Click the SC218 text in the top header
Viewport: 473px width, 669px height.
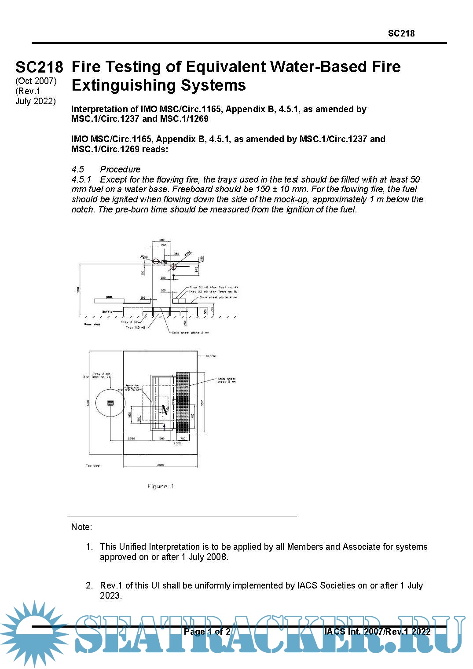401,33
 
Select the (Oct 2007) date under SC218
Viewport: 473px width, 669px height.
36,81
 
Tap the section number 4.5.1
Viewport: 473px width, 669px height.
81,179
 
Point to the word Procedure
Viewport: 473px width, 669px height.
120,169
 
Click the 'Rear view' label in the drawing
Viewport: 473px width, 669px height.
92,324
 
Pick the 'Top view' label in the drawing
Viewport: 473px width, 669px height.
92,465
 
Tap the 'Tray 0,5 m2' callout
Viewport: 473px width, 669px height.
136,327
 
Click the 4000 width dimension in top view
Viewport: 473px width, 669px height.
160,465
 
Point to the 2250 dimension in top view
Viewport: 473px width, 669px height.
131,439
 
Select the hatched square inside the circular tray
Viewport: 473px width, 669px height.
110,402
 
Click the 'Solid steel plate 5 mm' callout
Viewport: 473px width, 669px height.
226,380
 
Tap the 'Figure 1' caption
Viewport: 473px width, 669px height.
161,486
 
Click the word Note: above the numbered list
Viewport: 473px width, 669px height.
81,527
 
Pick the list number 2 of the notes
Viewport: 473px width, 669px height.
89,585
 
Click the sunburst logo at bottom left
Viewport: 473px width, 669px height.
33,632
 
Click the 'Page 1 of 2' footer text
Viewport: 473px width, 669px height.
207,632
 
